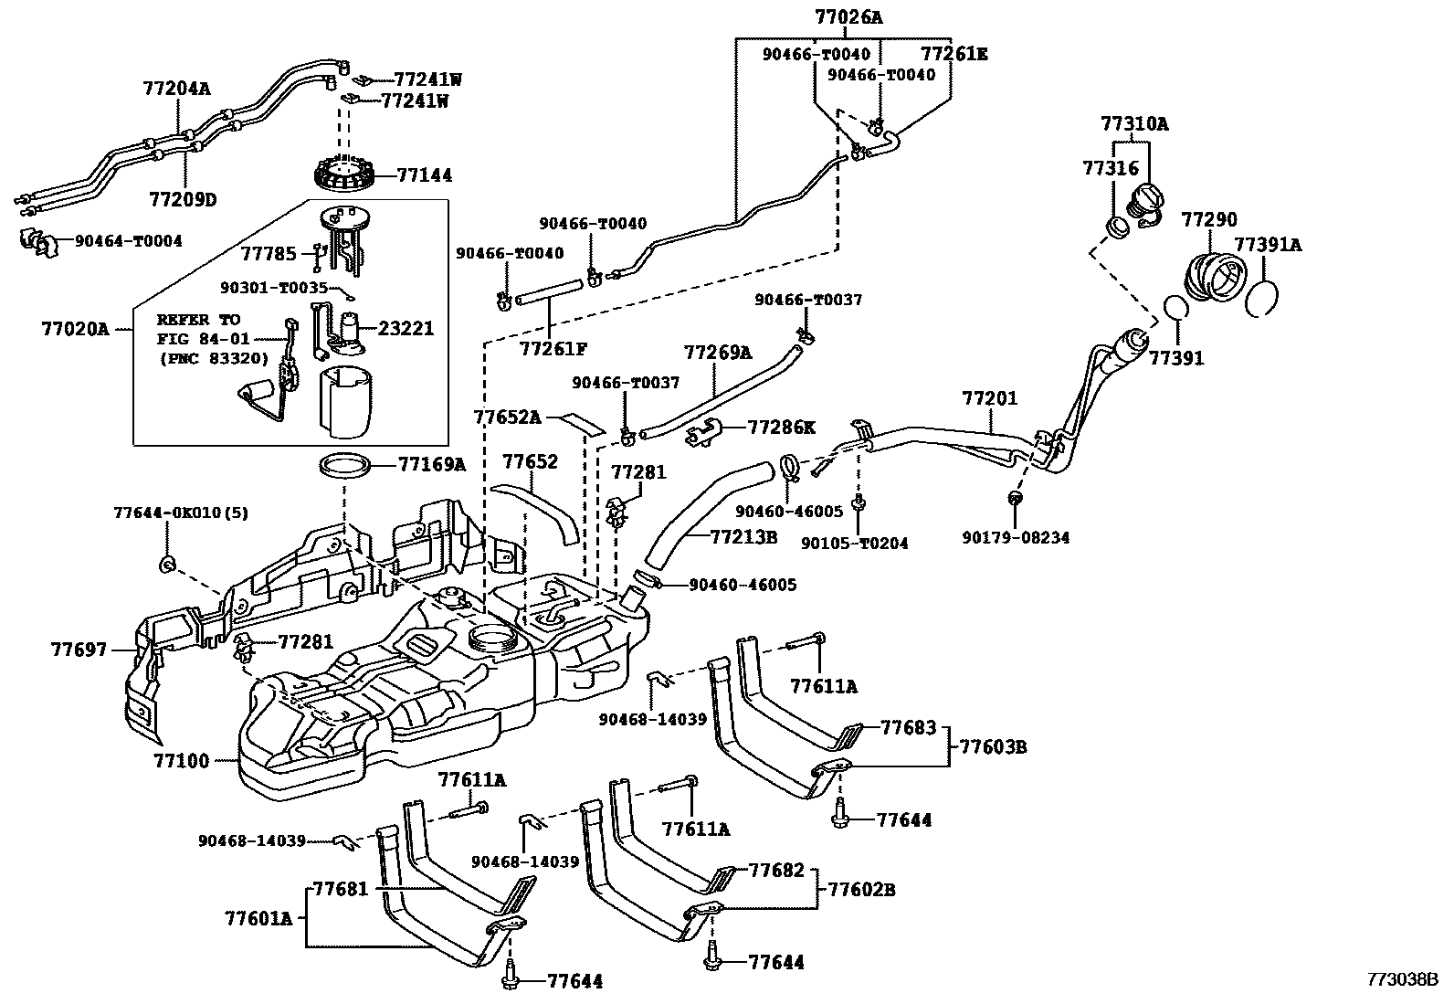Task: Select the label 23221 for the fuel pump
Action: [406, 328]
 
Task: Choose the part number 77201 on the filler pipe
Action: [989, 398]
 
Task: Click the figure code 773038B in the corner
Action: [1402, 979]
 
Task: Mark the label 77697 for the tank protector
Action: [79, 650]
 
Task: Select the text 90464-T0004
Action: [128, 241]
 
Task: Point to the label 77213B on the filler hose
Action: [743, 537]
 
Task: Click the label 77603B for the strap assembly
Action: [993, 747]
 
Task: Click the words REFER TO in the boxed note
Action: [198, 320]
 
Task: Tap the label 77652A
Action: [508, 417]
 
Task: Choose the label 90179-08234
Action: [1015, 538]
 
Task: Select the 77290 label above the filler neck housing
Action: [1209, 219]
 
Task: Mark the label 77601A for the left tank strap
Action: [258, 917]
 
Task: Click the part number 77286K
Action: [781, 427]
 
